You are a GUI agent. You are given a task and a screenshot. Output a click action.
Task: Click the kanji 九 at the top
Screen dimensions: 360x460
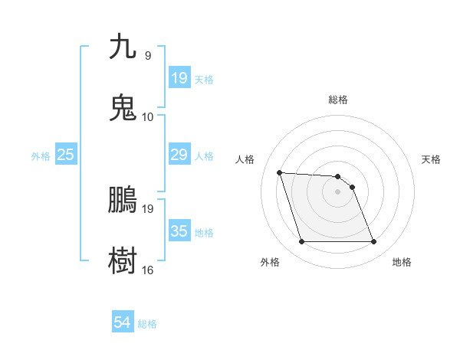tap(123, 47)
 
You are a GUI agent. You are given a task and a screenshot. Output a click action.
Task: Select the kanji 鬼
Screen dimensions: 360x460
tap(123, 107)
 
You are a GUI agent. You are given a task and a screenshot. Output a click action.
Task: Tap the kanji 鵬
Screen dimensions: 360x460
tap(123, 199)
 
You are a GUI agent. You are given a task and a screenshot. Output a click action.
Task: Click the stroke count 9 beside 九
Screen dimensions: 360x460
tap(148, 56)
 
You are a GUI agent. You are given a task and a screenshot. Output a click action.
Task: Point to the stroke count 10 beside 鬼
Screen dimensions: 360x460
tap(148, 116)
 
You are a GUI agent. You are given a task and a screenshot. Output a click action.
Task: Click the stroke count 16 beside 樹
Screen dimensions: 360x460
tap(148, 270)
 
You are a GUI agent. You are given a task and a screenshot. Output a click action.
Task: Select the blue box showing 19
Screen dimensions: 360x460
tap(179, 78)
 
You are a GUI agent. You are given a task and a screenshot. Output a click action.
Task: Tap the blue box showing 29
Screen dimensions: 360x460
tap(179, 155)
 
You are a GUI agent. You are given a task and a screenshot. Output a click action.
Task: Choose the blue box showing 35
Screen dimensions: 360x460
tap(179, 231)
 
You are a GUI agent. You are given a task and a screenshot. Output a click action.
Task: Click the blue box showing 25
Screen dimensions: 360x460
tap(65, 155)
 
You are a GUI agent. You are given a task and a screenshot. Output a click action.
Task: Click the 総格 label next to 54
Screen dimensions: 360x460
tap(147, 324)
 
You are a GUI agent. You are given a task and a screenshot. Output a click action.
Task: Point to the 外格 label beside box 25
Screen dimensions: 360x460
tap(41, 155)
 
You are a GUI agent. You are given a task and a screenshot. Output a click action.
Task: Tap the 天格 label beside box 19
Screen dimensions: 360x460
tap(204, 79)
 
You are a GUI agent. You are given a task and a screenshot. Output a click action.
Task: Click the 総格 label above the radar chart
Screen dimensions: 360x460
tap(338, 100)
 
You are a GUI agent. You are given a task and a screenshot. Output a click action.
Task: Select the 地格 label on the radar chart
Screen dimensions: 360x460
tap(402, 262)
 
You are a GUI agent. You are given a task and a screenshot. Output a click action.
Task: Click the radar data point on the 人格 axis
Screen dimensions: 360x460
tap(280, 172)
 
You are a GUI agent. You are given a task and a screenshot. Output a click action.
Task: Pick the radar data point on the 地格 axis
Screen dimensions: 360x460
tap(373, 242)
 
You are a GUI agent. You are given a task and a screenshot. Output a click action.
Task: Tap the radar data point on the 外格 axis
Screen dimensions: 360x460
tap(301, 242)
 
